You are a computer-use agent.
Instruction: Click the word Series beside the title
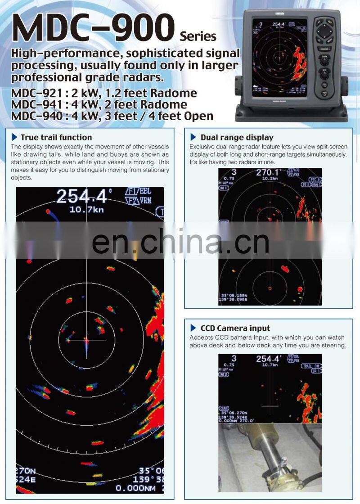click(x=198, y=36)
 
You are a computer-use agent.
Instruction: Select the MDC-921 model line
click(x=104, y=93)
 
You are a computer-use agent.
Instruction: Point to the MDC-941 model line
click(x=99, y=104)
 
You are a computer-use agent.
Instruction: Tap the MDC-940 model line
click(x=112, y=116)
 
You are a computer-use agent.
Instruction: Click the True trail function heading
click(x=56, y=137)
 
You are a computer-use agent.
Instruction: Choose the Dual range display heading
click(x=237, y=137)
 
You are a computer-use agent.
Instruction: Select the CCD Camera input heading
click(x=235, y=328)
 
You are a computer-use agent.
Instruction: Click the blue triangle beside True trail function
click(x=16, y=137)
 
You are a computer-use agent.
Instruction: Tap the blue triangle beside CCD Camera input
click(x=193, y=328)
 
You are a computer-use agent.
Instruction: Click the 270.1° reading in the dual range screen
click(x=268, y=173)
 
